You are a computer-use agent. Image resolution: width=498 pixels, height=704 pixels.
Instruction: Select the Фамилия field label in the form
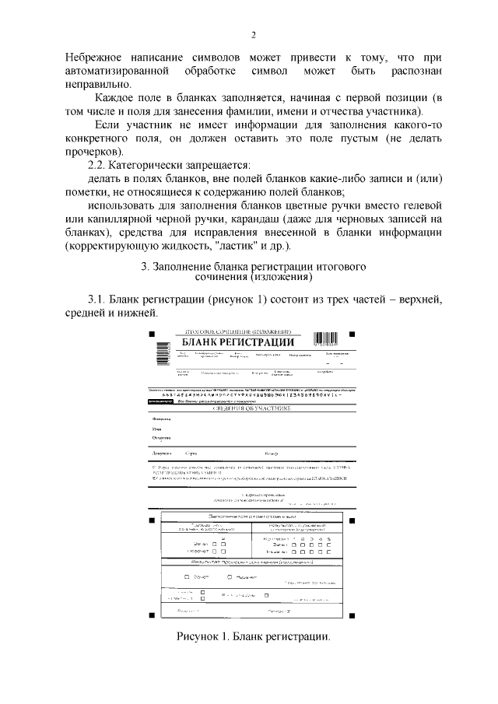[161, 418]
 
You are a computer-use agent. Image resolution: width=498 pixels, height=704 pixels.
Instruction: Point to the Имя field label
[157, 428]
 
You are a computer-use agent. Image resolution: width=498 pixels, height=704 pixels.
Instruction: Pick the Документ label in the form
[161, 452]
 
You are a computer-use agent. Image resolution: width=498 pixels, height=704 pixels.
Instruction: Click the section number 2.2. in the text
[103, 165]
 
